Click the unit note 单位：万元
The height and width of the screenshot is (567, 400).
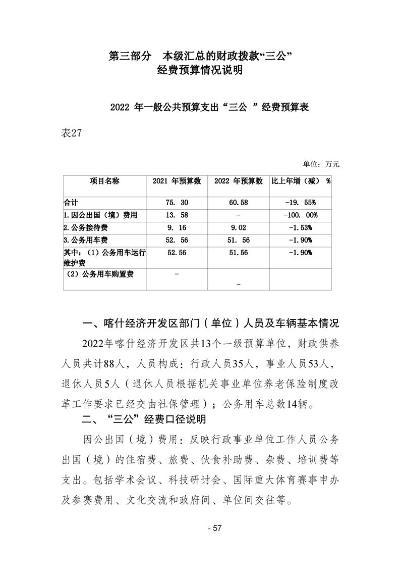(321, 164)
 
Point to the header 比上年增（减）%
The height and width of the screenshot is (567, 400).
(301, 181)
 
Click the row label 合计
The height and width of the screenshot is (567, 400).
(71, 202)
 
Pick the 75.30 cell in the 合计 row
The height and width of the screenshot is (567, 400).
(177, 202)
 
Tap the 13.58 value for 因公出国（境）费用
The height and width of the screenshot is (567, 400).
(177, 215)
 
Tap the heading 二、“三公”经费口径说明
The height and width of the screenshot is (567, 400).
(144, 419)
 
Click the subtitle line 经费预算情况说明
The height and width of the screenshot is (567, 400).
(200, 71)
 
